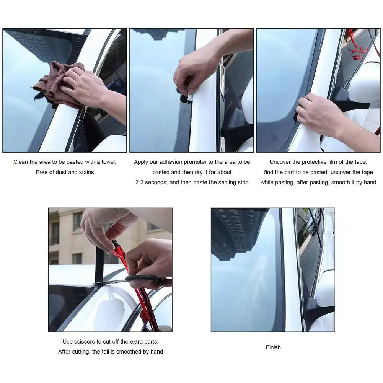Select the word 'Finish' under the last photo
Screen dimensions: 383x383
[x=273, y=347]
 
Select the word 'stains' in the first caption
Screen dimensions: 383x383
[x=86, y=172]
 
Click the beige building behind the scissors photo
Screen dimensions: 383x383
[x=69, y=237]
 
